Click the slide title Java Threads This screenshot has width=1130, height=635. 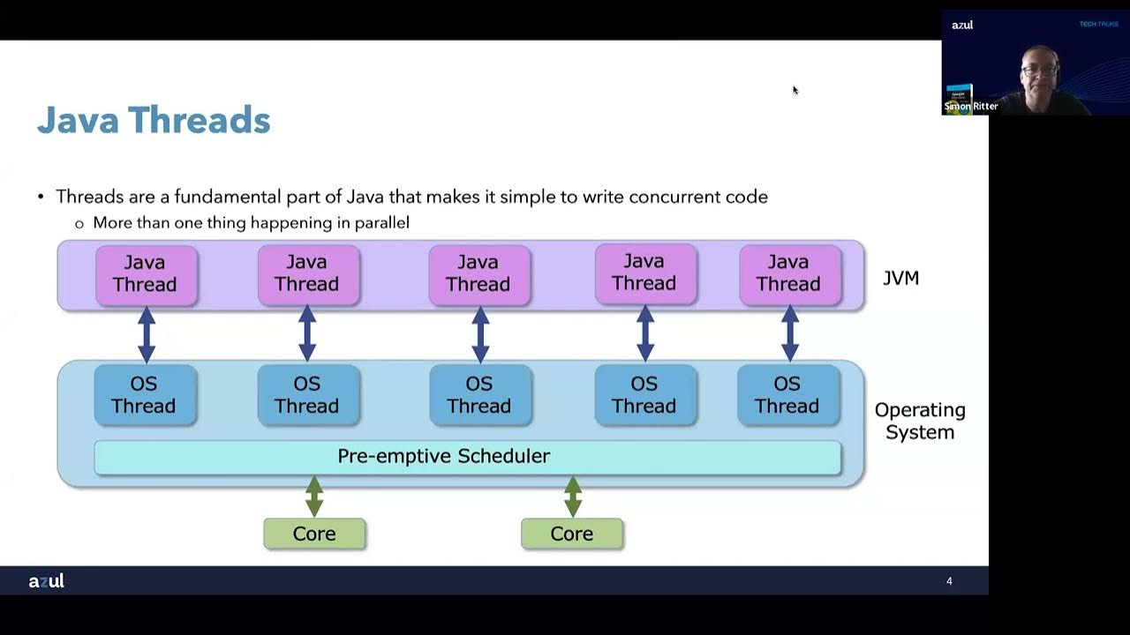[154, 120]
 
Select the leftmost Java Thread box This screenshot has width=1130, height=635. [146, 274]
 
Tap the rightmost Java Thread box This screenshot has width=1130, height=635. [789, 274]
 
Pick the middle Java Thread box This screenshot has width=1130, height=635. [478, 274]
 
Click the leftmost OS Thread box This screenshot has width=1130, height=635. [145, 395]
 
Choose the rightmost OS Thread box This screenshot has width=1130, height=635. [787, 395]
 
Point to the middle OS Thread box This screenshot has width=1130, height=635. [479, 395]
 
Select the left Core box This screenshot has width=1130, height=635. [314, 534]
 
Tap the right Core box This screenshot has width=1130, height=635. [572, 534]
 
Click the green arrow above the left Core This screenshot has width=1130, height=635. [314, 497]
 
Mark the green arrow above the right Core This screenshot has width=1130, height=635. [573, 497]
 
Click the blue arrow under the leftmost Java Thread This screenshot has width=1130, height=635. [147, 334]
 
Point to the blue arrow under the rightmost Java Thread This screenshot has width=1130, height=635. [790, 334]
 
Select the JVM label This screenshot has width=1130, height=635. [900, 279]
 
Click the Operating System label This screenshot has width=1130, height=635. [919, 422]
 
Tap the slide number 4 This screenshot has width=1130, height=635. [949, 581]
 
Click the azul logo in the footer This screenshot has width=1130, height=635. [46, 581]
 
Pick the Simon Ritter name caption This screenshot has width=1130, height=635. [971, 107]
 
